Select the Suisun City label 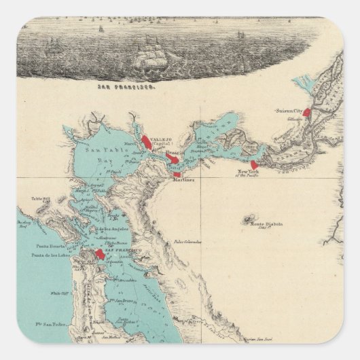(287, 109)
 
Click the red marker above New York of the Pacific (254, 165)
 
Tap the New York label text (249, 173)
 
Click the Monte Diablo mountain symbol (243, 219)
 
